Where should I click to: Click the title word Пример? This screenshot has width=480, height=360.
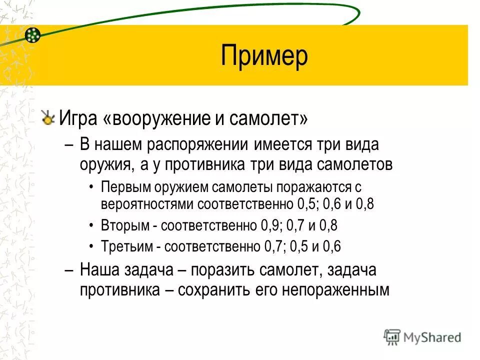pos(264,56)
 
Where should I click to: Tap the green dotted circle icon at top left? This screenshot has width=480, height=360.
pos(32,34)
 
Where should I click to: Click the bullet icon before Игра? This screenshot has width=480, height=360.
pos(48,118)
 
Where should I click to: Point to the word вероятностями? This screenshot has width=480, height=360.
pos(147,204)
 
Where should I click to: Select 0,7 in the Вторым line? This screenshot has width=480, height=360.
pos(298,225)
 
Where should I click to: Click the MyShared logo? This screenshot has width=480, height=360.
pos(422,337)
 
